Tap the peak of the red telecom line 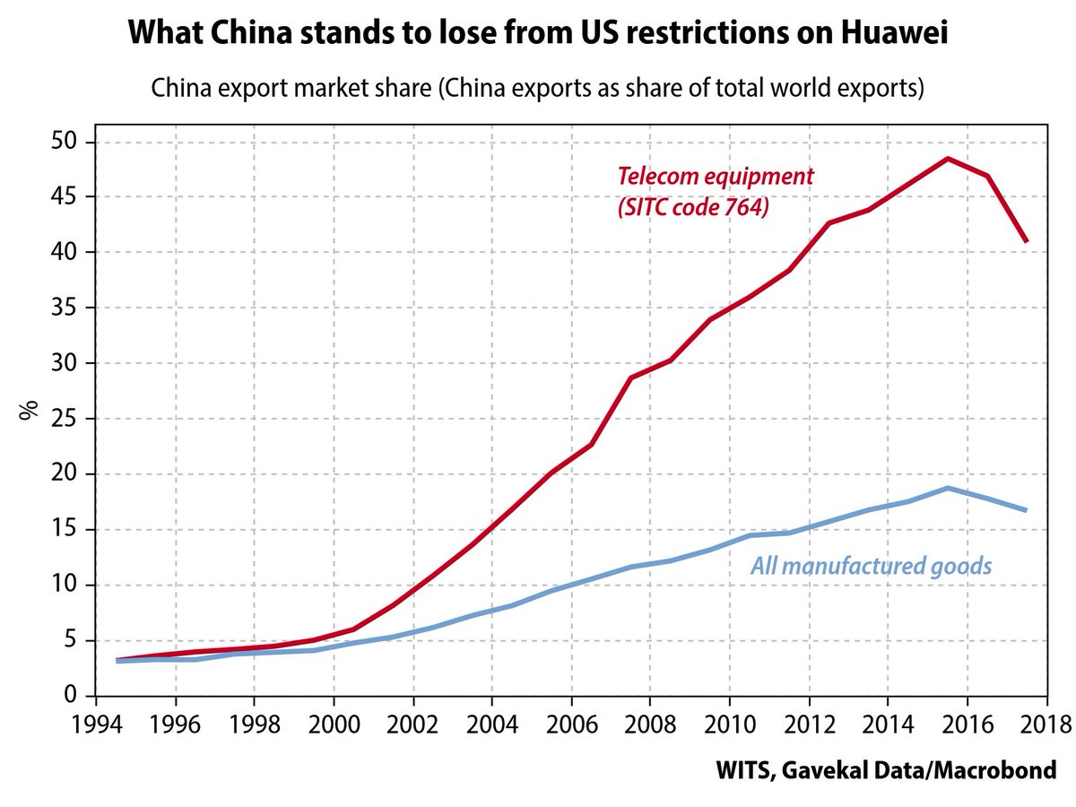coord(948,159)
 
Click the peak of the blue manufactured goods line coord(948,488)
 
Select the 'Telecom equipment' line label coord(715,176)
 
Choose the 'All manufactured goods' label coord(871,566)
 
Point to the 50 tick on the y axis coord(68,143)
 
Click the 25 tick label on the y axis coord(68,419)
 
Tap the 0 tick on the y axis coord(75,696)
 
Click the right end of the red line coord(1026,241)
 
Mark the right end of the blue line coord(1026,510)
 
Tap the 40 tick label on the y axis coord(68,253)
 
